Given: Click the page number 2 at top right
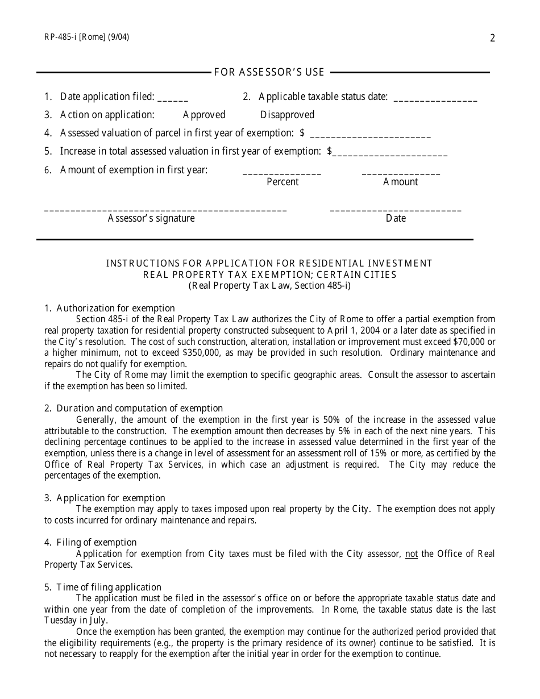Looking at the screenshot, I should point(492,39).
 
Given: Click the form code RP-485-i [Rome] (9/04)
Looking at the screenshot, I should point(86,38).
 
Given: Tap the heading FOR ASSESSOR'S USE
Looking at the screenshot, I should point(269,72).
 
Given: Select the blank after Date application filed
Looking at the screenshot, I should point(173,97).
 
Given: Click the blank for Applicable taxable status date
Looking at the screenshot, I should point(435,97).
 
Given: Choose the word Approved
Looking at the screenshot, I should point(204,115).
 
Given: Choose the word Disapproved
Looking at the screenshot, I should point(287,115).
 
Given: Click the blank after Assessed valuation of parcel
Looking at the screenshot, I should point(371,134).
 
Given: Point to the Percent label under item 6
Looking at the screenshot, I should point(283,182).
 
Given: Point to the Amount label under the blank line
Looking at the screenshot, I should point(401,182).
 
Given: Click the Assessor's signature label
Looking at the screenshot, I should point(151,218).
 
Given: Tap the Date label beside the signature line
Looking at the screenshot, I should point(396,218).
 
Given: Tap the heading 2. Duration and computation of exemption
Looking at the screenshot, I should point(134,408).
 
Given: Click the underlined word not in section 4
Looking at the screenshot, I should point(411,554).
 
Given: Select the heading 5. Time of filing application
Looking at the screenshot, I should point(103,587).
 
